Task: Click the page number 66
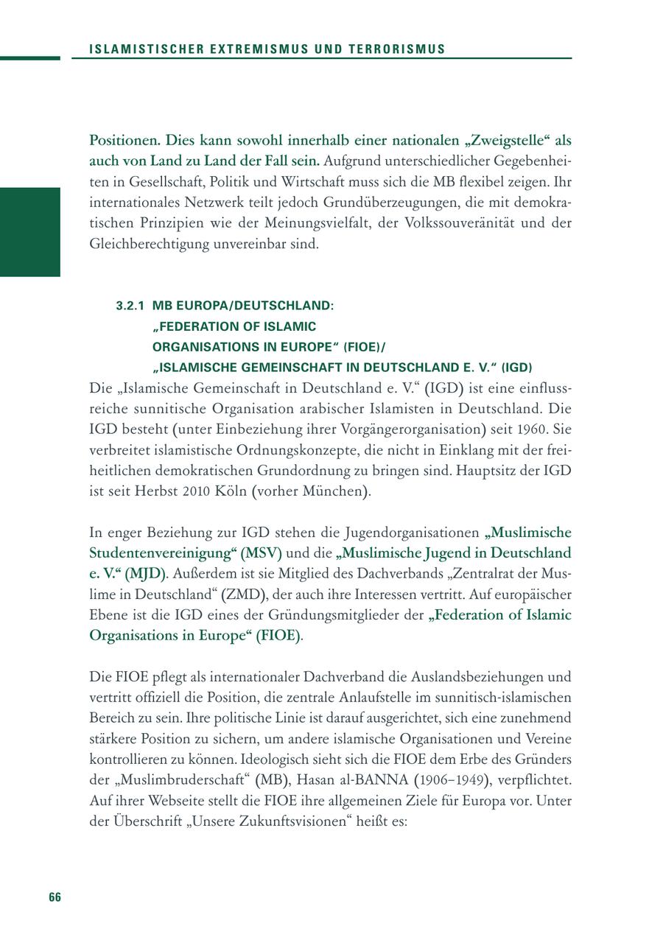pyautogui.click(x=55, y=897)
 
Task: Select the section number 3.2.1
pyautogui.click(x=130, y=305)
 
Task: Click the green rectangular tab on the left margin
pyautogui.click(x=29, y=232)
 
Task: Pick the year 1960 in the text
pyautogui.click(x=540, y=429)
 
